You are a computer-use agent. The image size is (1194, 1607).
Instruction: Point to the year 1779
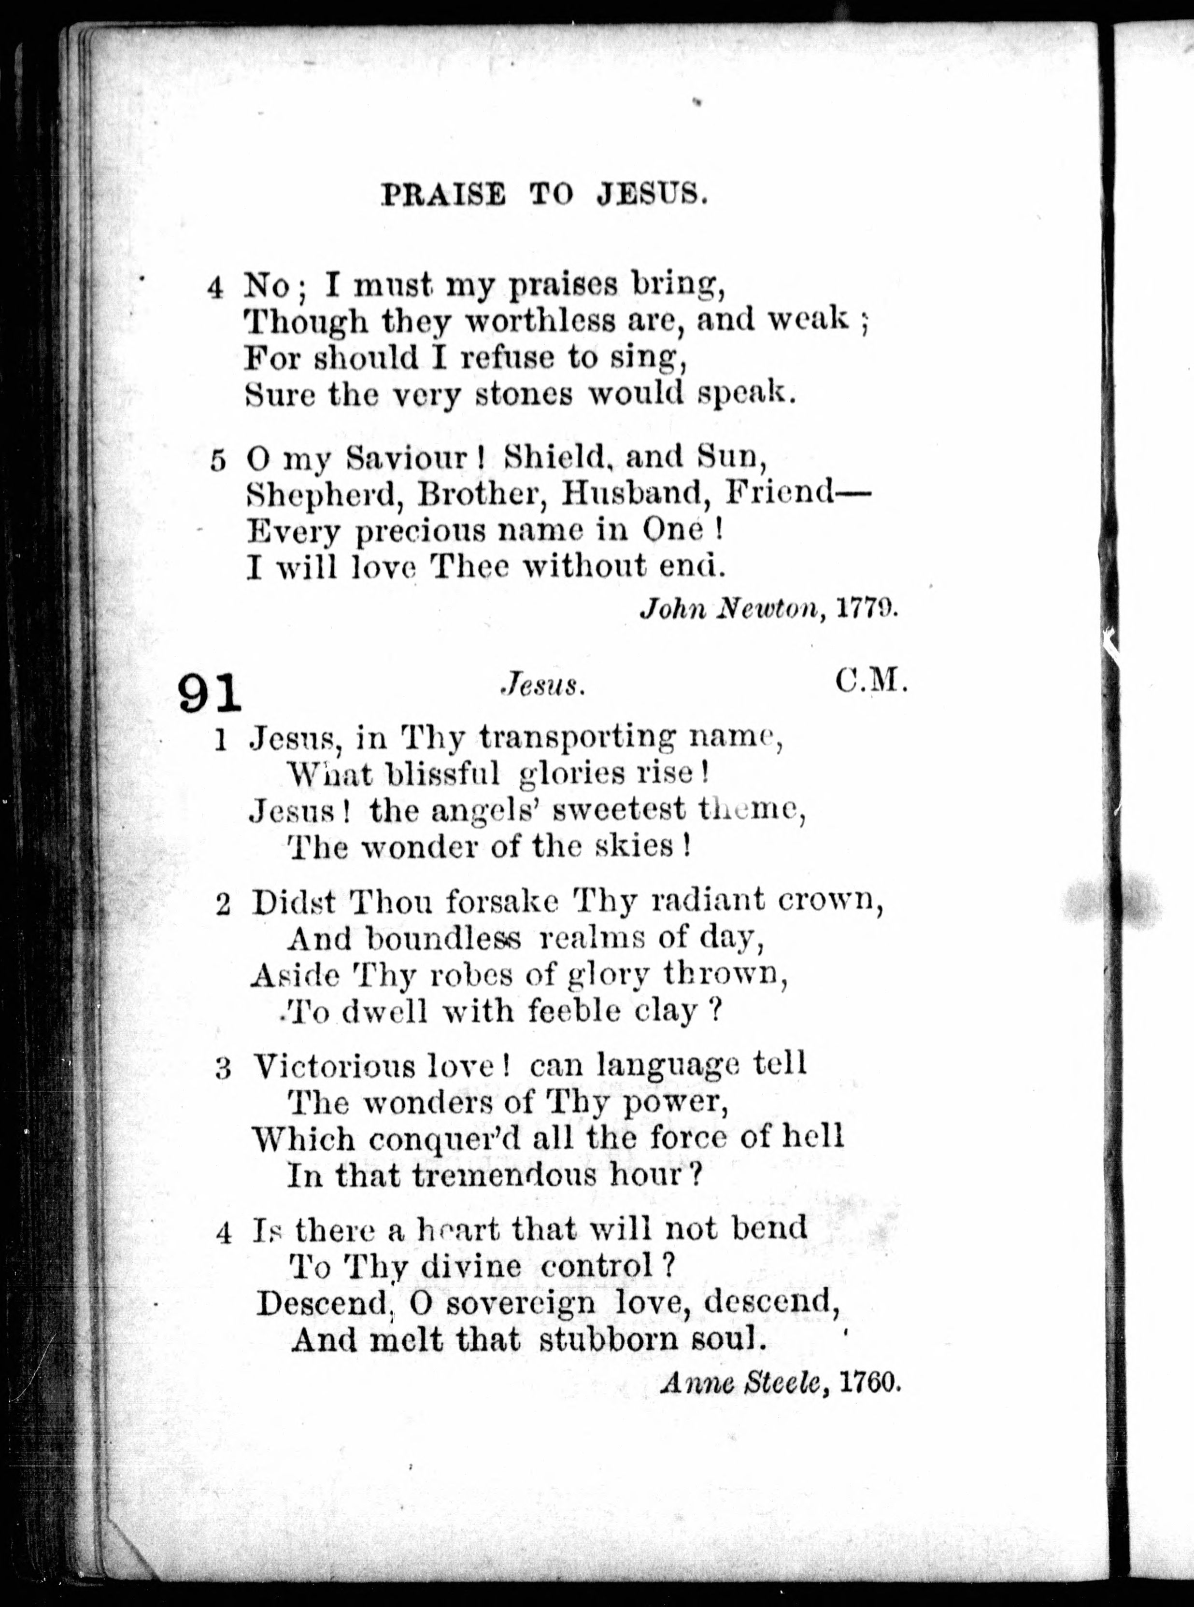[867, 609]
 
